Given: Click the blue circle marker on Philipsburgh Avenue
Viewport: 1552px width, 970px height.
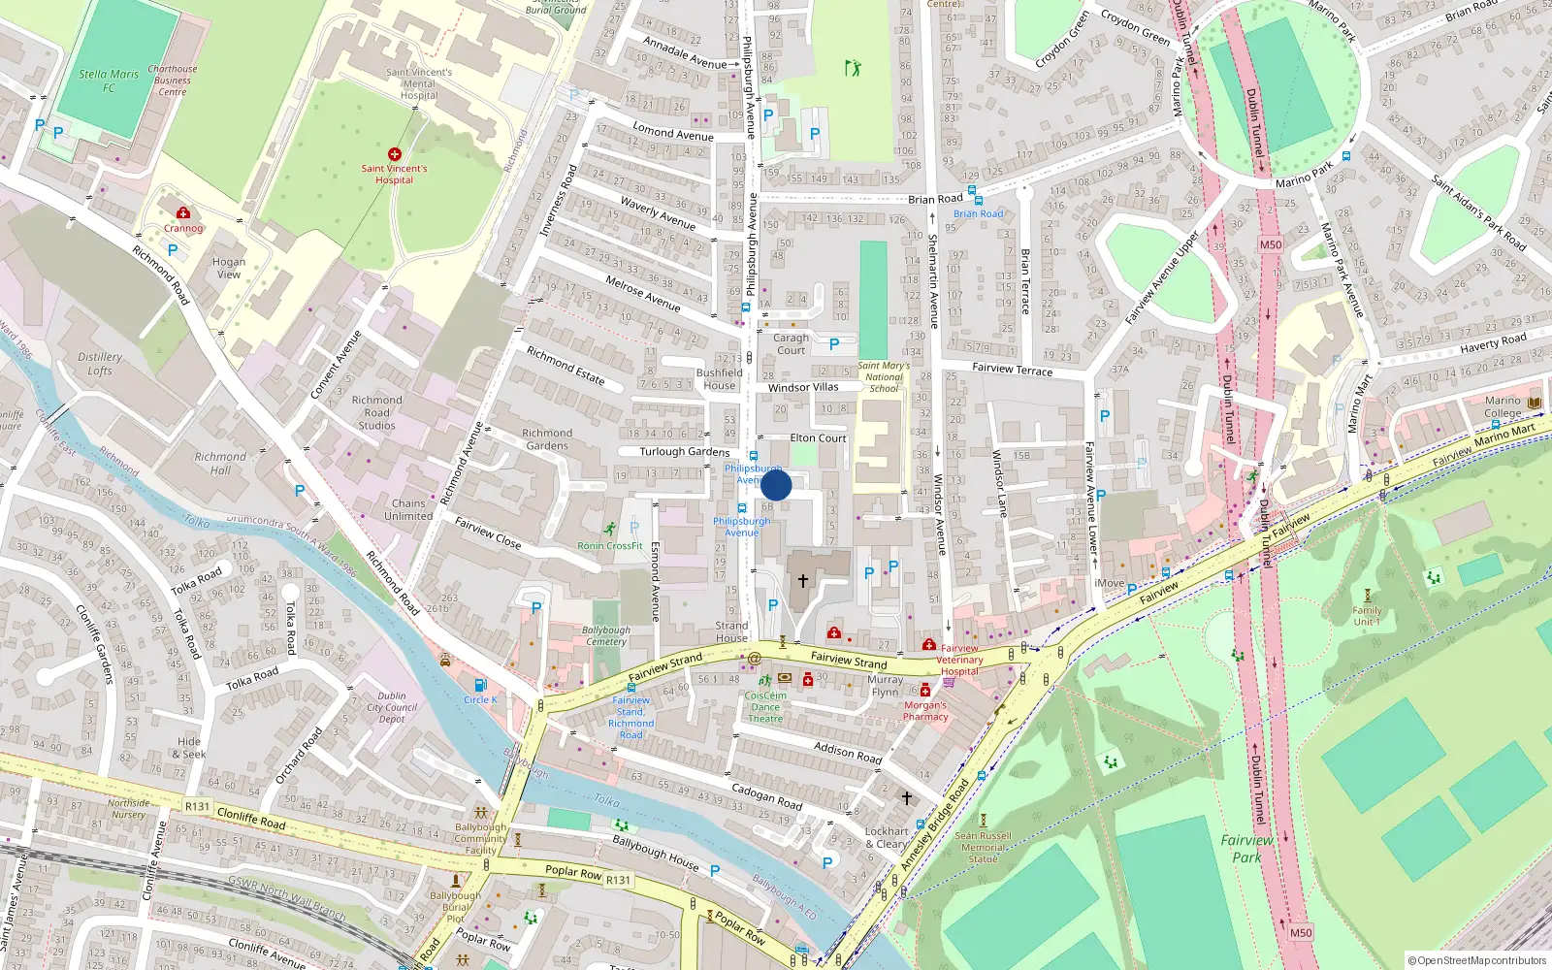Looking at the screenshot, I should pos(776,485).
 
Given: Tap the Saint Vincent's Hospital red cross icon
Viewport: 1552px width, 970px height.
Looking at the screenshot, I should pos(395,154).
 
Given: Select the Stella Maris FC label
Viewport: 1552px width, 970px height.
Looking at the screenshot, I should pos(109,81).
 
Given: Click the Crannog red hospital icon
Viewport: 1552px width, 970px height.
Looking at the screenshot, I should pos(183,213).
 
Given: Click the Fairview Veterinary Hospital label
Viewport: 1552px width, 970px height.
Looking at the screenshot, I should pos(958,660).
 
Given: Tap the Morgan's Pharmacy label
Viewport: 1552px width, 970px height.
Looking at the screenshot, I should pos(925,711).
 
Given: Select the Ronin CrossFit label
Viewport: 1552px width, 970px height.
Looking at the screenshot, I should pos(610,545).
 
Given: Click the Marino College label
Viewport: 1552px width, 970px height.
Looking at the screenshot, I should pos(1503,406).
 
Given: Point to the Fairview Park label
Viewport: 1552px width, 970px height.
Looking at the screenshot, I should pos(1246,849).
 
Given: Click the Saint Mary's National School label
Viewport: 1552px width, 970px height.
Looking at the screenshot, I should pos(884,377).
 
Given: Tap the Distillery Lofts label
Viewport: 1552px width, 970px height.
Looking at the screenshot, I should pos(100,364).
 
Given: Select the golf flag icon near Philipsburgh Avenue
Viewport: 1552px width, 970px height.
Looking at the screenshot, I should pos(853,68).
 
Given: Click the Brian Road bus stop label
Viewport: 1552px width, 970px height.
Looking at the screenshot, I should pos(978,213).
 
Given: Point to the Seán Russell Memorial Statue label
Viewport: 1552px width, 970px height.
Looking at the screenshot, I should pos(983,847).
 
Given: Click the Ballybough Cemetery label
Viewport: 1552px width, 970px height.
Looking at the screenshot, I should pos(606,635).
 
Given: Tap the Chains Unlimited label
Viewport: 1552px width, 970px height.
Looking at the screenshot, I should pos(408,509).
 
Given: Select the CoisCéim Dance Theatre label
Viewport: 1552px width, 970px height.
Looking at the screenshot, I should pos(765,707).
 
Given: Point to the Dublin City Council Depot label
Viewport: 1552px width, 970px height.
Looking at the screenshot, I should pos(392,707).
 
